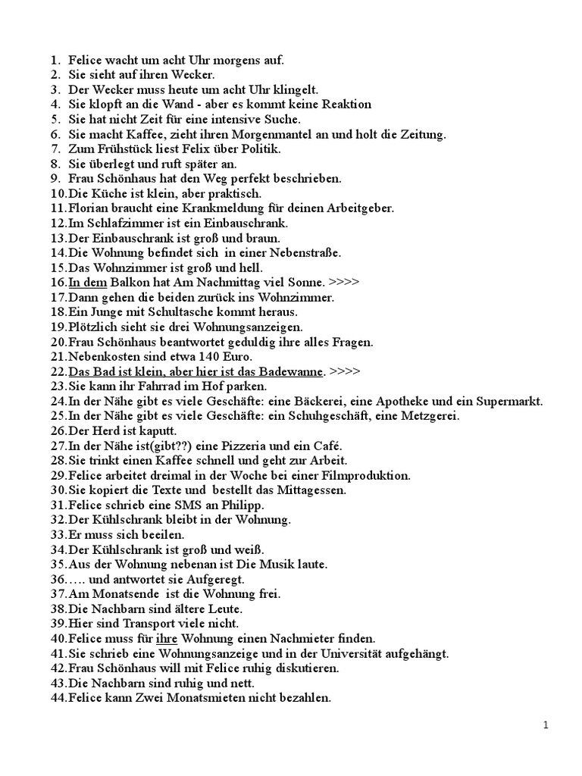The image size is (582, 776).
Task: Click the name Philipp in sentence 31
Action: tap(242, 505)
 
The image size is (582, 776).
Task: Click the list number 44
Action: tap(58, 698)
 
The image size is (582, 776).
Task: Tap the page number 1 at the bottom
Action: tap(546, 725)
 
